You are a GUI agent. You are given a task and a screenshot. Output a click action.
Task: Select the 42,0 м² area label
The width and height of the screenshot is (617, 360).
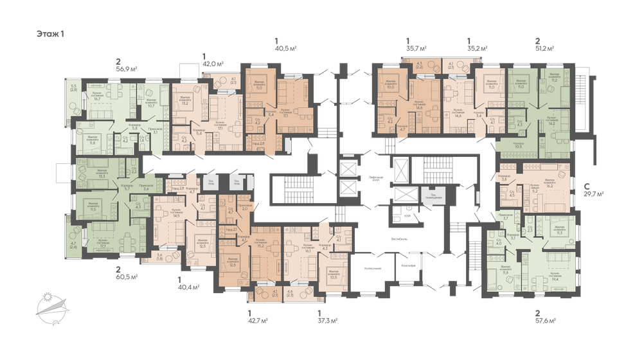tap(213, 64)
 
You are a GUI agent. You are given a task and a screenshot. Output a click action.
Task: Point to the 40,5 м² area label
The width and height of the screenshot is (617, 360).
tap(285, 46)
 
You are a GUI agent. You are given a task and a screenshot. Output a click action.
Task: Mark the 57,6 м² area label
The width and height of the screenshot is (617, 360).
tap(545, 319)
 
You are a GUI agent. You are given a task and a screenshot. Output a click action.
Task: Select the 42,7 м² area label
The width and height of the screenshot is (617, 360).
tap(258, 319)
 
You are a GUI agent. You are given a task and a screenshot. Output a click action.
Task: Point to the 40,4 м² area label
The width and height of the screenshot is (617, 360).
tap(188, 287)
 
